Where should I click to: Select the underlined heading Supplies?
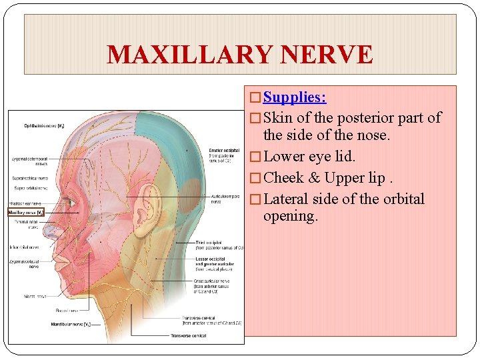(294, 97)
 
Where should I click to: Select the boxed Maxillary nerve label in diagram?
(26, 213)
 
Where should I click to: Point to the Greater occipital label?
(224, 151)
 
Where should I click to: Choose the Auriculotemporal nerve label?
(225, 198)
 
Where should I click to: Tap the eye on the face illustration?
(69, 202)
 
